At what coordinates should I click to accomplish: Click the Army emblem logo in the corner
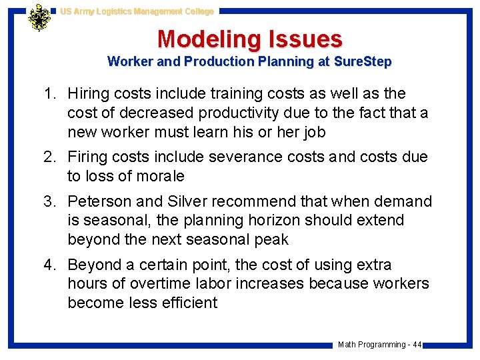40,18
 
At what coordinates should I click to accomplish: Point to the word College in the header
196,11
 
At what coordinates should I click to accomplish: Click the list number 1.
51,94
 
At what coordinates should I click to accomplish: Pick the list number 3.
51,201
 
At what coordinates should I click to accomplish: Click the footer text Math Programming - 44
379,345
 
